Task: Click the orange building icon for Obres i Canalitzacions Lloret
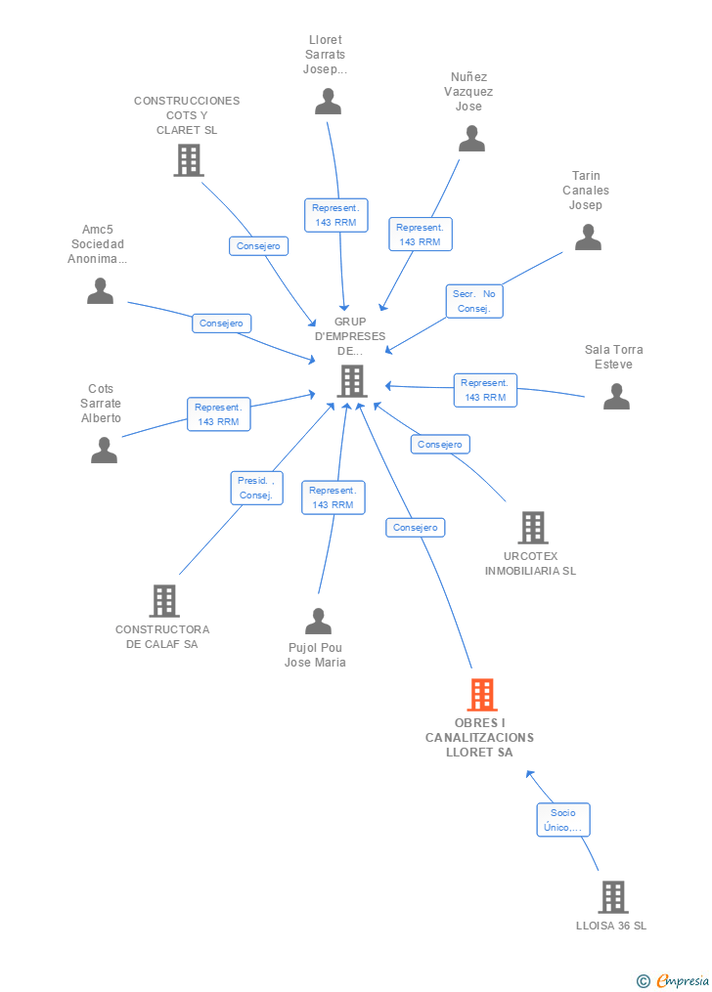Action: click(x=482, y=695)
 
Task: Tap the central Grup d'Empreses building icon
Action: click(x=351, y=381)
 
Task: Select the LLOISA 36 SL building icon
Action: click(x=612, y=896)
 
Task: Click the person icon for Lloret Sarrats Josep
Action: click(x=328, y=102)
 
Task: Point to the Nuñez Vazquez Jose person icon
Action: click(x=471, y=139)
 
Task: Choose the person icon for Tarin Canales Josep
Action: click(x=587, y=237)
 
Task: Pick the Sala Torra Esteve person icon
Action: click(x=616, y=396)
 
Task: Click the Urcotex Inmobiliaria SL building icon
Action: click(x=532, y=528)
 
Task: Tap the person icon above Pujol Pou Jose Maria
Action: click(x=318, y=622)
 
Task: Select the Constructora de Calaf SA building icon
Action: click(x=163, y=600)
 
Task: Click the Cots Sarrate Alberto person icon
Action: click(x=104, y=450)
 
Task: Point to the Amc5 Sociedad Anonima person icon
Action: click(x=100, y=291)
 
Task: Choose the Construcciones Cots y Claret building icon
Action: click(x=188, y=160)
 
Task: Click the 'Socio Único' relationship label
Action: click(x=563, y=820)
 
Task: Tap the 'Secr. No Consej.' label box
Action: click(x=475, y=301)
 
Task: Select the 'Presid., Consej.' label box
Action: click(x=255, y=488)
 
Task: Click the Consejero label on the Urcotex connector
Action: click(x=439, y=444)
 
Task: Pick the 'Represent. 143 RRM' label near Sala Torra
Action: click(x=485, y=390)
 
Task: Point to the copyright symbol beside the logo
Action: click(x=643, y=980)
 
